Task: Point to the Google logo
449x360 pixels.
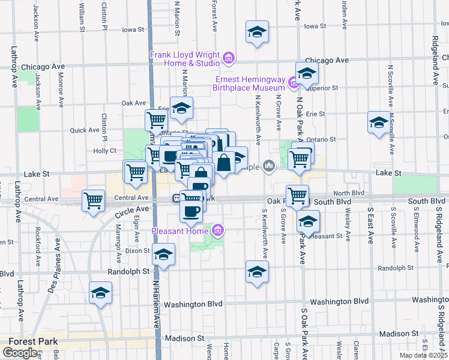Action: coord(20,353)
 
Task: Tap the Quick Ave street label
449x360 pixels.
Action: coord(85,130)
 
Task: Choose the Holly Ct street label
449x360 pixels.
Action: coord(104,151)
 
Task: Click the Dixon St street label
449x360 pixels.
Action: coord(137,250)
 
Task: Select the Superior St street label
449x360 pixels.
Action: coord(324,88)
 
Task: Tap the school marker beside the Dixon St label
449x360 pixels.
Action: coord(163,254)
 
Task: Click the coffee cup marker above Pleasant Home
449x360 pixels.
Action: coord(192,211)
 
